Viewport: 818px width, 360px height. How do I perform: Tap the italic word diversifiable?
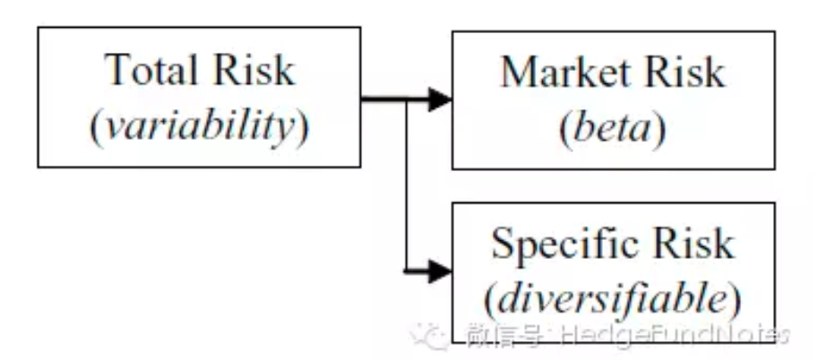pyautogui.click(x=613, y=299)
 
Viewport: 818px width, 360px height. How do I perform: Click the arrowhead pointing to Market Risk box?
pyautogui.click(x=440, y=99)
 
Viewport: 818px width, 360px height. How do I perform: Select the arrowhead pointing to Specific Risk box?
pyautogui.click(x=440, y=270)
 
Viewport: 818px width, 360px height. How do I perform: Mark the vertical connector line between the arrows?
pyautogui.click(x=407, y=184)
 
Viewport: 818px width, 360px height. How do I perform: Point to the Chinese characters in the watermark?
pyautogui.click(x=504, y=336)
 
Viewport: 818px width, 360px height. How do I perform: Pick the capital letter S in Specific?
pyautogui.click(x=502, y=244)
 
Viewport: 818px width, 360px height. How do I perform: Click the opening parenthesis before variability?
pyautogui.click(x=94, y=128)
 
